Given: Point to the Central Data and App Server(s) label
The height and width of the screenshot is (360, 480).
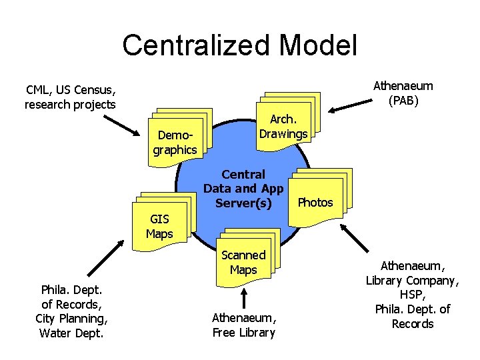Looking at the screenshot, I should (x=243, y=188).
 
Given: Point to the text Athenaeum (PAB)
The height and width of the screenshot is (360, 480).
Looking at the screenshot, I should (x=403, y=93).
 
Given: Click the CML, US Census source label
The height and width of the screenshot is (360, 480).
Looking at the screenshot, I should (x=71, y=97).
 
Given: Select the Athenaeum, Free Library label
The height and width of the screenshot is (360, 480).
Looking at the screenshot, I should (x=243, y=325).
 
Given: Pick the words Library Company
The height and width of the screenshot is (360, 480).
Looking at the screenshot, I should (x=413, y=280).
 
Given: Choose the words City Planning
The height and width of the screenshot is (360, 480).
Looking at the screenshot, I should (x=71, y=318).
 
